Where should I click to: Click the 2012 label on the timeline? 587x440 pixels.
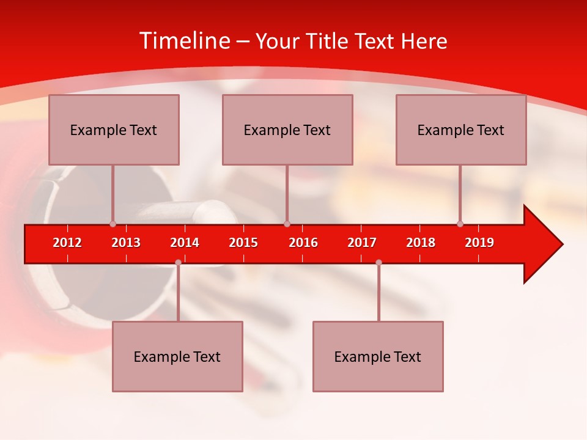pyautogui.click(x=67, y=243)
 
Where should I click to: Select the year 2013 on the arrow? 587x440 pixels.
pyautogui.click(x=126, y=243)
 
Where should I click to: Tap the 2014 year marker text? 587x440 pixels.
pyautogui.click(x=185, y=243)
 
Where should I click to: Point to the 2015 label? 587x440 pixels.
pyautogui.click(x=243, y=243)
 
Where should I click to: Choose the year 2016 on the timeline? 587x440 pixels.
pyautogui.click(x=303, y=243)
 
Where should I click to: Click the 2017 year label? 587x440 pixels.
pyautogui.click(x=362, y=243)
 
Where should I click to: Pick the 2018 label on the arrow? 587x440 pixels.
pyautogui.click(x=421, y=243)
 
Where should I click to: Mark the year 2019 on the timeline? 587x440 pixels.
pyautogui.click(x=479, y=243)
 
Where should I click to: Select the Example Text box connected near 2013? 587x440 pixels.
pyautogui.click(x=114, y=130)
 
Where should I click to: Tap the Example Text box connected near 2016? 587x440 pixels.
pyautogui.click(x=287, y=130)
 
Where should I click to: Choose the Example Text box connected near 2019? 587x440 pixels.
pyautogui.click(x=461, y=130)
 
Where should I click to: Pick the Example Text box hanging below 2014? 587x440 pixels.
pyautogui.click(x=177, y=356)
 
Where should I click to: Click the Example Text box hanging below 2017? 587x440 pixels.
pyautogui.click(x=378, y=356)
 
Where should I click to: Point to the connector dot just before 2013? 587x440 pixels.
pyautogui.click(x=113, y=224)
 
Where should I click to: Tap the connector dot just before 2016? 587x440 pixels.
pyautogui.click(x=287, y=224)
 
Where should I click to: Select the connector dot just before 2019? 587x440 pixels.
pyautogui.click(x=460, y=224)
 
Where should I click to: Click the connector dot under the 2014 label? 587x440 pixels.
pyautogui.click(x=178, y=262)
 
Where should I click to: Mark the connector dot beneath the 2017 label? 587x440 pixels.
pyautogui.click(x=378, y=262)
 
